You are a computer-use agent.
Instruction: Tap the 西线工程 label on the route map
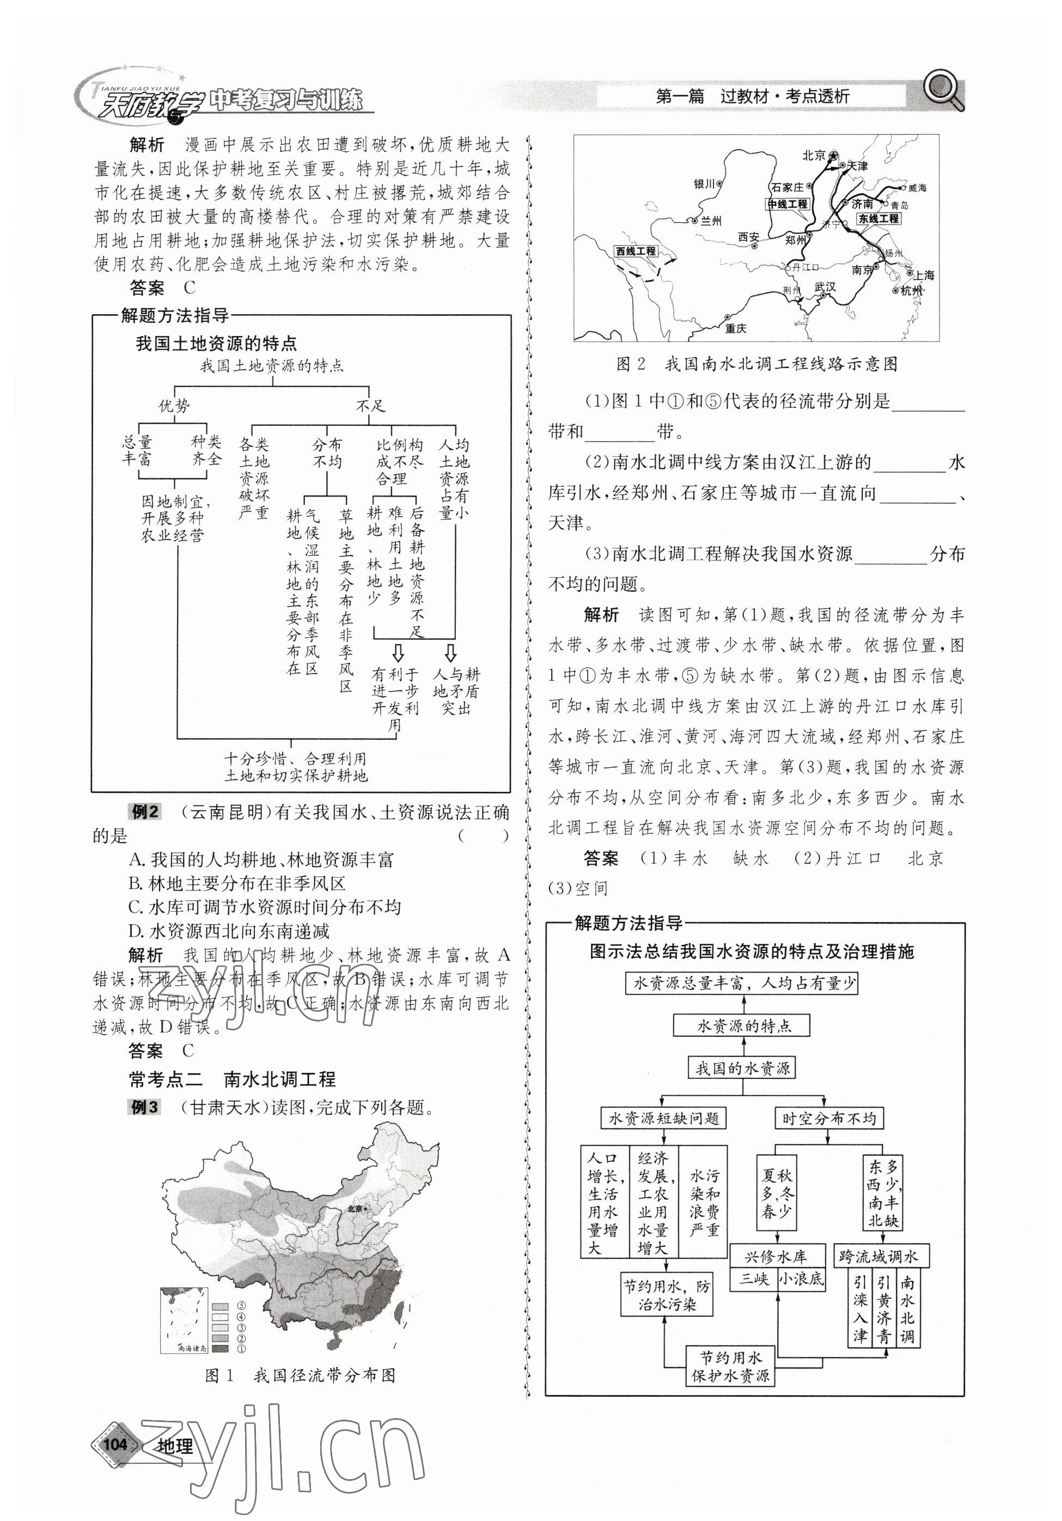(636, 251)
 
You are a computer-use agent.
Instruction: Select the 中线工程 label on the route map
(787, 204)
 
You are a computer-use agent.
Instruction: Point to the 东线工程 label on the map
(878, 218)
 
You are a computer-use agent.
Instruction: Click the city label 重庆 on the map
(735, 328)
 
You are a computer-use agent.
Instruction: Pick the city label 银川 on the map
(704, 184)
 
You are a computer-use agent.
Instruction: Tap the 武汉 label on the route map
(825, 287)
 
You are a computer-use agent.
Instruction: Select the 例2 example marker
(144, 811)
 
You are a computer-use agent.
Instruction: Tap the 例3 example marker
(144, 1107)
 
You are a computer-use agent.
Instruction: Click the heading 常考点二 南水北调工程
(232, 1079)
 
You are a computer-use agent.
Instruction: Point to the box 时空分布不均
(828, 1118)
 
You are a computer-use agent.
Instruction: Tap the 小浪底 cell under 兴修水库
(801, 1279)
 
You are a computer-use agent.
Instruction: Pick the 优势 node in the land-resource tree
(174, 405)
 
